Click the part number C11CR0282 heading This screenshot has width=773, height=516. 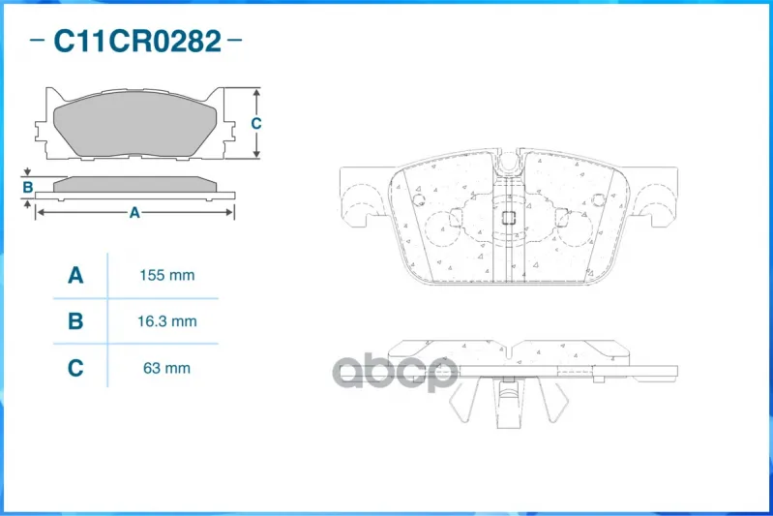pos(137,41)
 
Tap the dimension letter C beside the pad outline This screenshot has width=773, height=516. pos(255,123)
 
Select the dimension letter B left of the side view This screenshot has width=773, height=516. pos(28,188)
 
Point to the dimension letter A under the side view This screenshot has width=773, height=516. pos(134,213)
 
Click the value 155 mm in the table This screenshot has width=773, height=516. pos(167,275)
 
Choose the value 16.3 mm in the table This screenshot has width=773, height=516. pos(167,321)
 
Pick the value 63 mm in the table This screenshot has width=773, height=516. pos(166,368)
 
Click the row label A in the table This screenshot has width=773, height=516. pos(75,275)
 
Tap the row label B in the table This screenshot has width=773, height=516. pos(75,321)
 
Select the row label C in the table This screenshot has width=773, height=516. pos(75,368)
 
